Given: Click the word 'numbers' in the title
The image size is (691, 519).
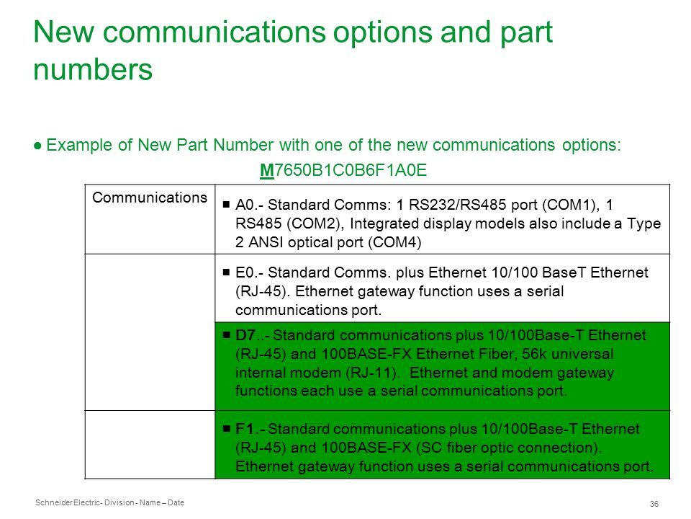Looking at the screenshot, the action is [x=93, y=70].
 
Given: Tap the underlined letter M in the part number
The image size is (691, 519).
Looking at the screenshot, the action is [x=266, y=170].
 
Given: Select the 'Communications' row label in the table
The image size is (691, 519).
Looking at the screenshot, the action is [x=150, y=198].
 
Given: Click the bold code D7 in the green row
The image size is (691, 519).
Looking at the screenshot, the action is [x=245, y=335].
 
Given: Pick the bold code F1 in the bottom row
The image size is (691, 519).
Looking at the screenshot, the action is [x=245, y=428].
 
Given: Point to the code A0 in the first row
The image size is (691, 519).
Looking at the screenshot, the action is [x=245, y=205].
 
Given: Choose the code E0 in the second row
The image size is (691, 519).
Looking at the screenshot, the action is [x=245, y=272].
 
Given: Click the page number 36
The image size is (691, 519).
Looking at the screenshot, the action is [x=654, y=504].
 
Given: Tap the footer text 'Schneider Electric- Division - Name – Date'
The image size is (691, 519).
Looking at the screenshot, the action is [x=109, y=502].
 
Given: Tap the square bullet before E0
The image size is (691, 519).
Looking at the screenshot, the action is [x=226, y=272].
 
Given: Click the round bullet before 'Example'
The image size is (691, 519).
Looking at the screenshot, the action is [x=37, y=146].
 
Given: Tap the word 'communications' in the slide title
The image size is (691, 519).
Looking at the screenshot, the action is [x=214, y=32].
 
